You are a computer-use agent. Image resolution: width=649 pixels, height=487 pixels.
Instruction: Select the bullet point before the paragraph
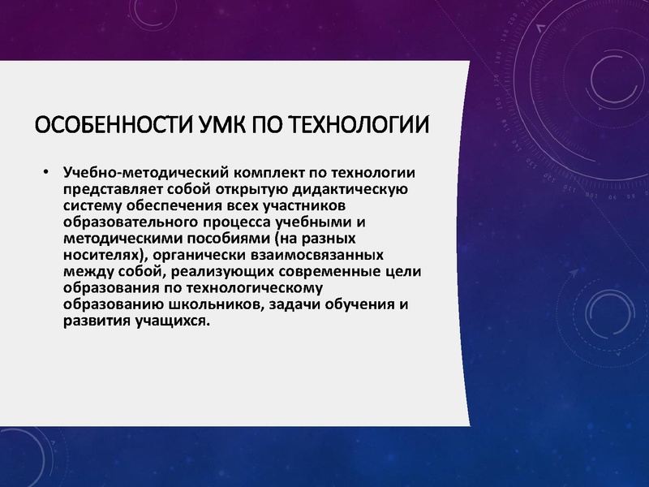tap(46, 173)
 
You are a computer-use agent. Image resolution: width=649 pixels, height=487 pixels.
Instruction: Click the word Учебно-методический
tap(145, 173)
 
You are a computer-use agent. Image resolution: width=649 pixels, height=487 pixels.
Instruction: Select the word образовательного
tap(137, 223)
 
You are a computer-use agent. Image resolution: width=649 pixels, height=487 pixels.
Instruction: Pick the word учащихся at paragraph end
tap(169, 321)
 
